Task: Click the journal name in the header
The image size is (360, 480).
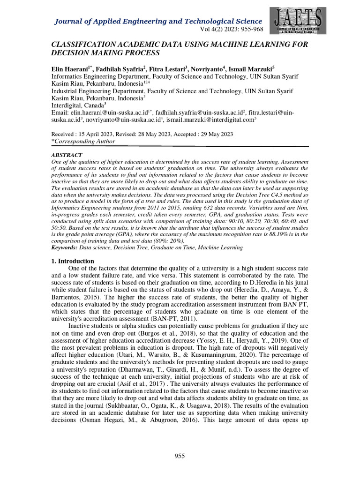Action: point(158,22)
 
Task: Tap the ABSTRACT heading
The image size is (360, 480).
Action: point(67,155)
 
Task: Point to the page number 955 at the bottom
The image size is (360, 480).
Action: point(180,456)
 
